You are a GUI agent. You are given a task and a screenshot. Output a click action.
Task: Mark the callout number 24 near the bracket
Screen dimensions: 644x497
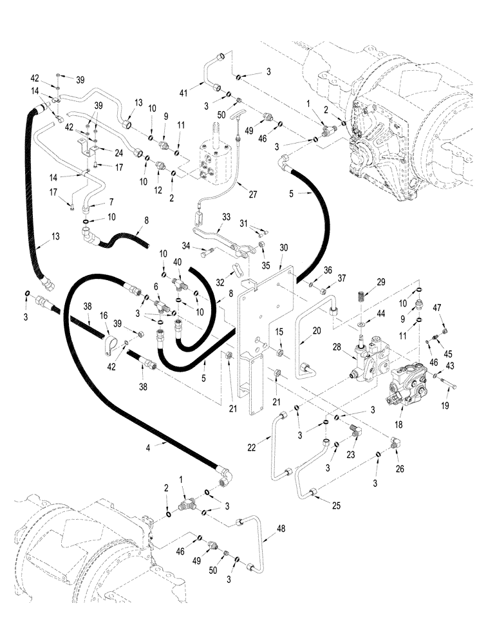click(118, 153)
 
